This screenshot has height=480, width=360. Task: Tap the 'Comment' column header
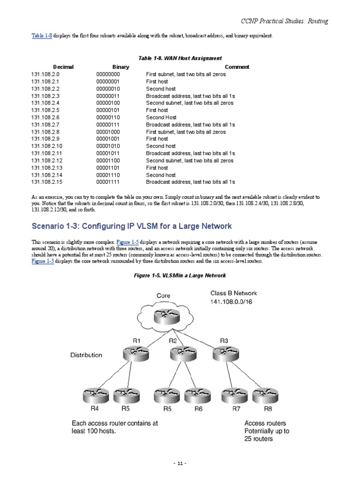(x=237, y=67)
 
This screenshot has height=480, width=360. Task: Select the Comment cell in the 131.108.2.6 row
(x=161, y=117)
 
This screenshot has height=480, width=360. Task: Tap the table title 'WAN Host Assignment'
(x=180, y=58)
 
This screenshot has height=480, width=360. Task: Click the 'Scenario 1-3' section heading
(x=132, y=226)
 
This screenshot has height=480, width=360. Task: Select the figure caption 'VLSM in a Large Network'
(x=180, y=275)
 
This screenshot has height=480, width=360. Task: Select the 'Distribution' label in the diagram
(x=86, y=355)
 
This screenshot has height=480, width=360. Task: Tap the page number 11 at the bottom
(x=180, y=464)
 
